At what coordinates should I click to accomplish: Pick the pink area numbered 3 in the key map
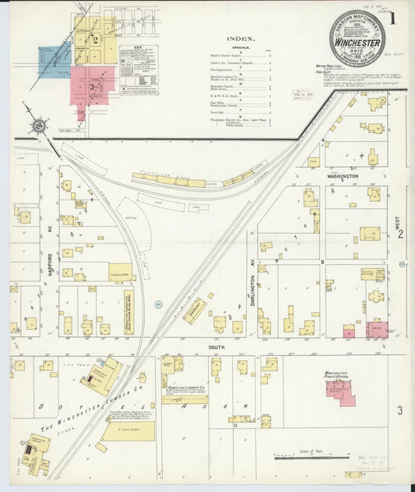[x=93, y=85]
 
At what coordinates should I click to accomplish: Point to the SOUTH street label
[x=216, y=346]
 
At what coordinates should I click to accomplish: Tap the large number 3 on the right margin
[x=400, y=410]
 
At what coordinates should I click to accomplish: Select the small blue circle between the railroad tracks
[x=157, y=305]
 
